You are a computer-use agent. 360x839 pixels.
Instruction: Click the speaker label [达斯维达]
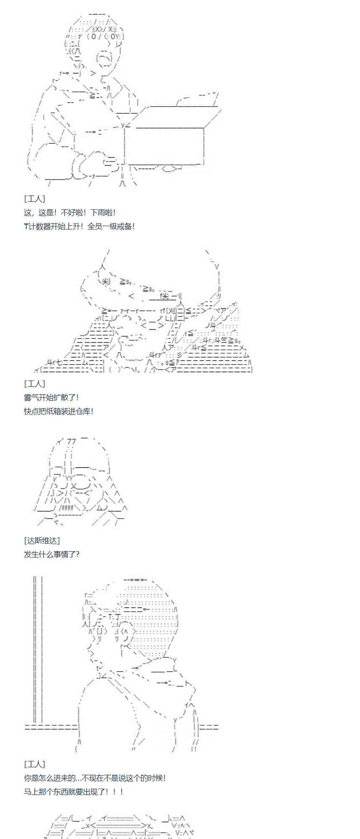42,540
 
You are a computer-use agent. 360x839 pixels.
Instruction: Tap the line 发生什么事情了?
52,554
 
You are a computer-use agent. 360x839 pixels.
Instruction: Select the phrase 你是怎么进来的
50,778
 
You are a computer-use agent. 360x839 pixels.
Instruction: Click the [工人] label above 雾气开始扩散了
34,383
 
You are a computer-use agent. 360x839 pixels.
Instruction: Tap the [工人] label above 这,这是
34,199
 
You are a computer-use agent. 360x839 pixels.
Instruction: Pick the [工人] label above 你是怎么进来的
34,764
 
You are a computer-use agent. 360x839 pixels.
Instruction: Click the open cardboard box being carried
168,134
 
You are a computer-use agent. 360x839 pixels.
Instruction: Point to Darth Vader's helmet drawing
80,482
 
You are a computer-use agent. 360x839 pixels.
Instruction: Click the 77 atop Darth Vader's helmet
71,441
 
